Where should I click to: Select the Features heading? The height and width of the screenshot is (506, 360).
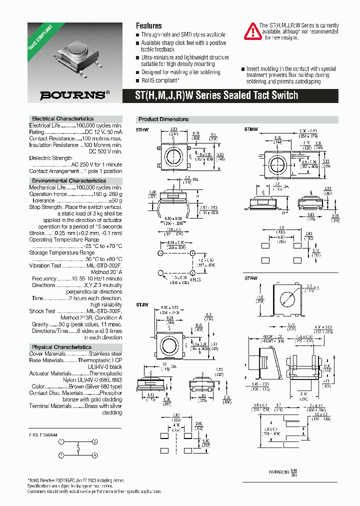[149, 25]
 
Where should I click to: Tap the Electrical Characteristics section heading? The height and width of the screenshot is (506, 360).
[63, 119]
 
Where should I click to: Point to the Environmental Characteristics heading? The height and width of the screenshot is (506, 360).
[69, 180]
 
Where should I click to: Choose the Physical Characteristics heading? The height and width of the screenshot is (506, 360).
[62, 347]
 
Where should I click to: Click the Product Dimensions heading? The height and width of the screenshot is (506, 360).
[163, 119]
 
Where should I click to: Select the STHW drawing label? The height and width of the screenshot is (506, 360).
[143, 129]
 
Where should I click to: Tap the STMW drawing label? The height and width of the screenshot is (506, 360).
[251, 129]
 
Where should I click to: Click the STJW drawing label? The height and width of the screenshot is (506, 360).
[142, 304]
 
